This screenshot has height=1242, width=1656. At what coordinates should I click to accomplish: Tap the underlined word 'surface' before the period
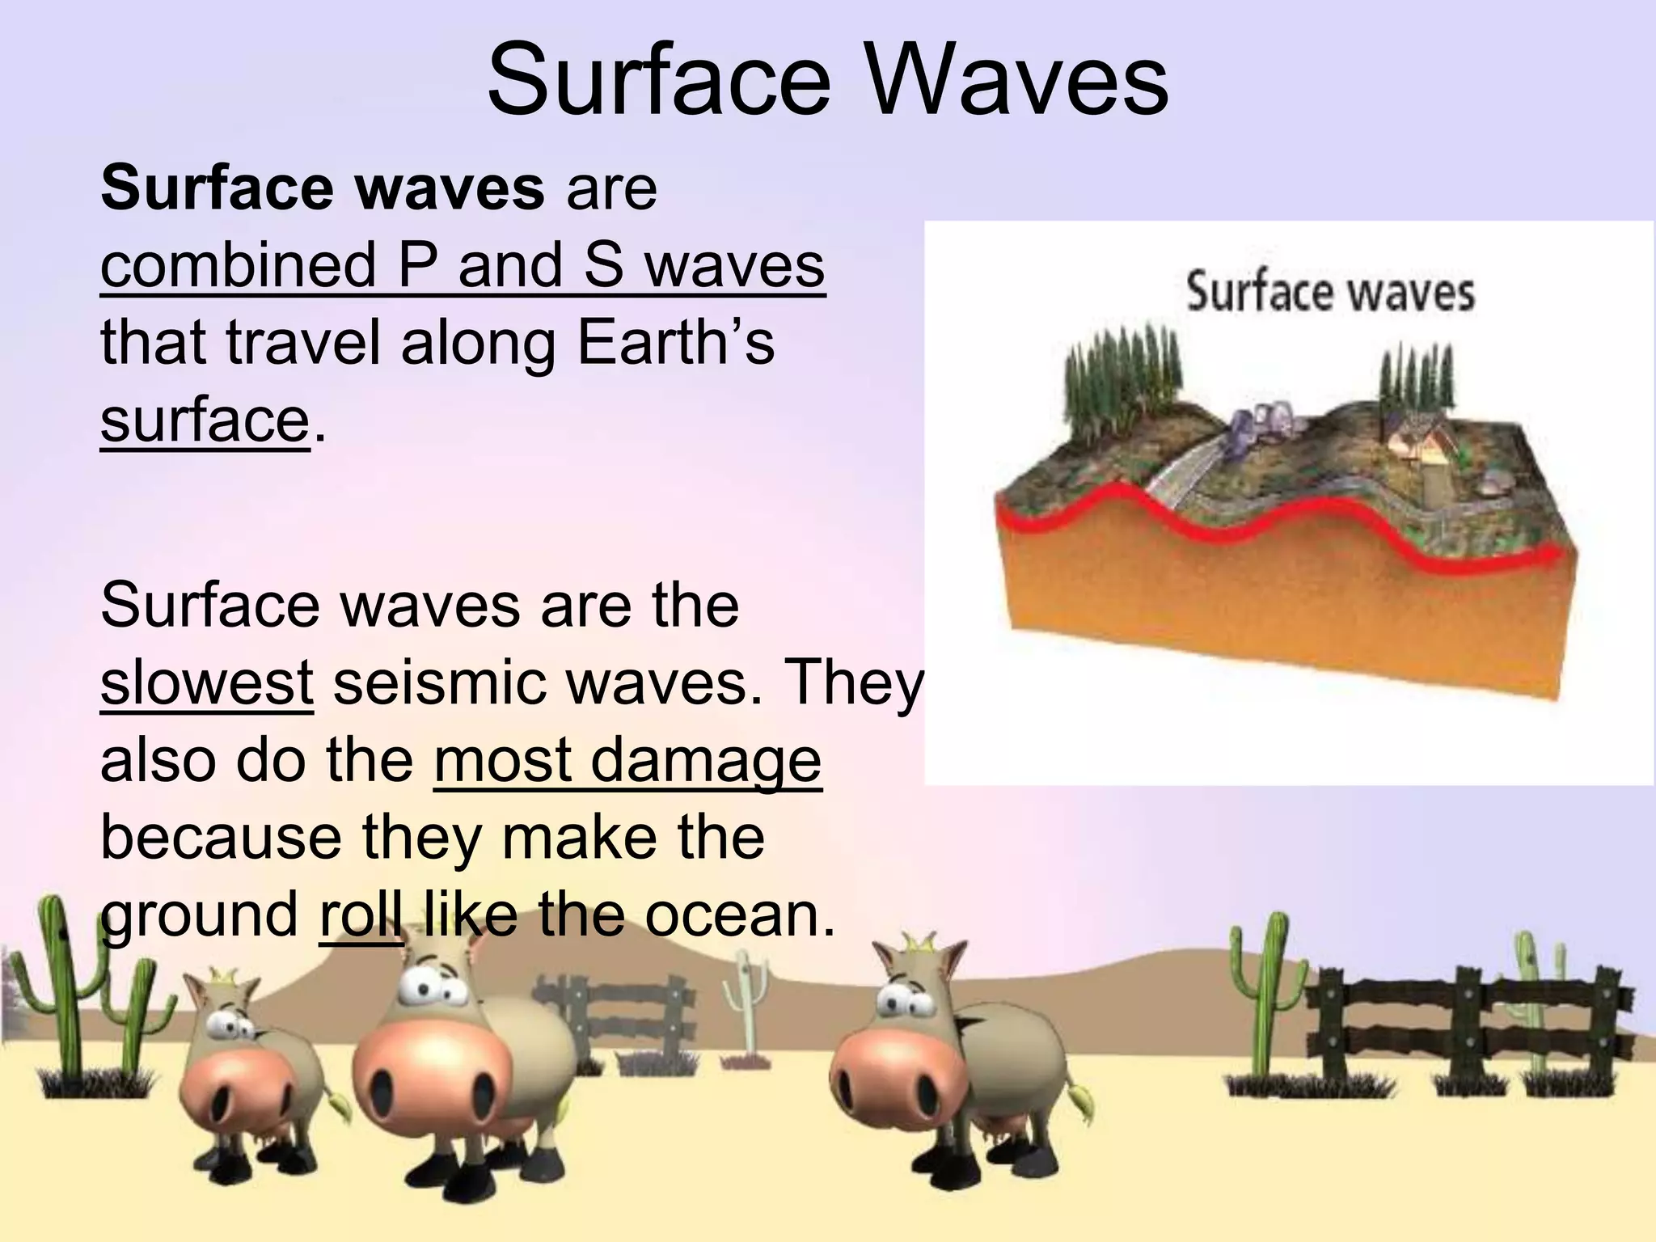205,420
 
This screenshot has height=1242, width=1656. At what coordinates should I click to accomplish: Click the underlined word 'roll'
361,915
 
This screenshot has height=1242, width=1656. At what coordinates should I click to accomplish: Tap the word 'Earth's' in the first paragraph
675,343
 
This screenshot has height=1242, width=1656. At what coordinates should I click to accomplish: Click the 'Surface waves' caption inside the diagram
1330,293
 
